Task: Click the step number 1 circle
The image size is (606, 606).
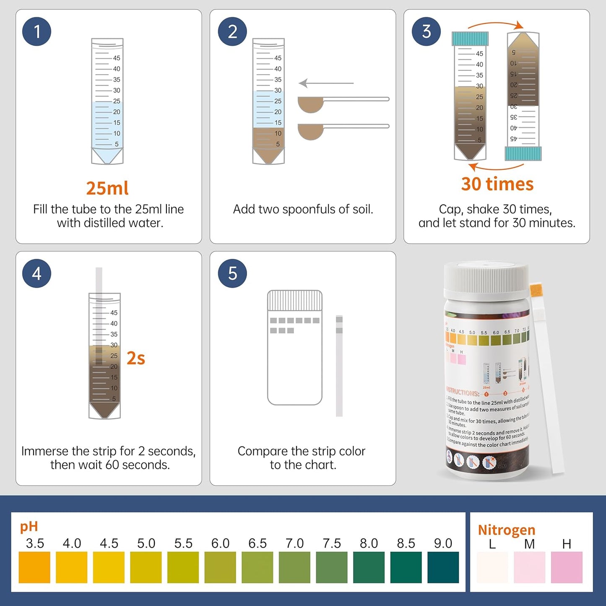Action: click(36, 31)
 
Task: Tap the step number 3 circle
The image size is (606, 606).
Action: click(426, 31)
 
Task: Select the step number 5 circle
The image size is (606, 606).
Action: click(232, 273)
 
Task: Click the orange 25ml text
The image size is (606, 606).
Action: click(107, 188)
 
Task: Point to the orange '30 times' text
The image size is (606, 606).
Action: click(497, 184)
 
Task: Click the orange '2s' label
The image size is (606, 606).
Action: click(136, 359)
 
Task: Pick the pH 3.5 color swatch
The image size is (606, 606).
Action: click(34, 567)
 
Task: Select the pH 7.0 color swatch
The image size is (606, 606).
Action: click(294, 567)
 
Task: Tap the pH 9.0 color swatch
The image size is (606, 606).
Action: click(443, 567)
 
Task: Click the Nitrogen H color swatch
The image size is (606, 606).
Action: click(567, 567)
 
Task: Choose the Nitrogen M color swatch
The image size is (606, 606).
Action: click(529, 567)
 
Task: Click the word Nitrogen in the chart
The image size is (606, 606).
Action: click(507, 530)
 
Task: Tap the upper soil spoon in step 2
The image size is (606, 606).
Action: click(311, 104)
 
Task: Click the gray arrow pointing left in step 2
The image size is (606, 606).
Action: click(326, 83)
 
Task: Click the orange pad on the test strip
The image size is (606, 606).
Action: click(536, 290)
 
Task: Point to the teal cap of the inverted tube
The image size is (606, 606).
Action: click(523, 153)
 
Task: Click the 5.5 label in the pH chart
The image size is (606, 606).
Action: click(183, 544)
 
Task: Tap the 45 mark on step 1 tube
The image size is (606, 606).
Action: click(117, 58)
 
